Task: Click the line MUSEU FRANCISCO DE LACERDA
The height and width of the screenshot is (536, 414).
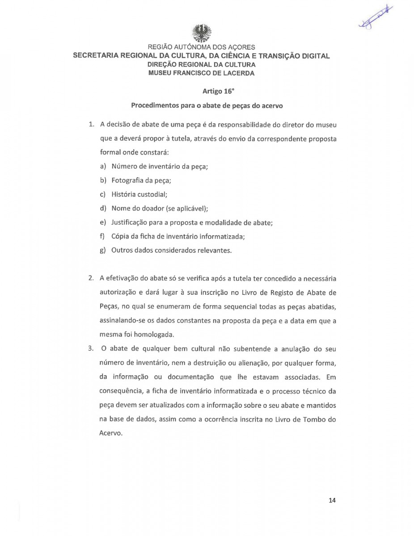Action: pos(201,73)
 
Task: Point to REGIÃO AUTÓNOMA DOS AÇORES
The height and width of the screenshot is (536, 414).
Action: pos(201,47)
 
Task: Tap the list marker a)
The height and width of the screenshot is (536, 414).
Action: pos(103,166)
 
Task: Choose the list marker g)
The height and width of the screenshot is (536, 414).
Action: pos(103,250)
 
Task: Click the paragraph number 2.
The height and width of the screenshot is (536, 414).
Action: pos(90,278)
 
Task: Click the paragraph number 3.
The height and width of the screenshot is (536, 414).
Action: pos(90,349)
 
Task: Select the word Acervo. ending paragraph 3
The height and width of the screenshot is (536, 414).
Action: pos(110,433)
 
